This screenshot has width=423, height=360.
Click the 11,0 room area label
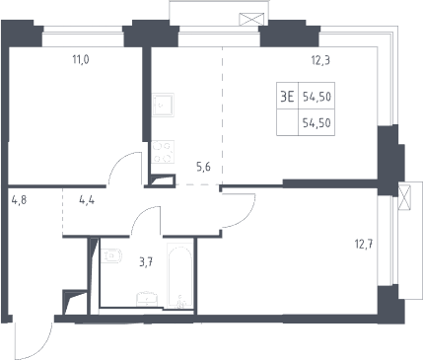click(x=81, y=60)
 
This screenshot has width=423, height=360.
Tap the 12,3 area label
click(x=320, y=60)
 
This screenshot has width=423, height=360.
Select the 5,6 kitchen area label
click(x=203, y=167)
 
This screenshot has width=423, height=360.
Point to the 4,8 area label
click(x=19, y=199)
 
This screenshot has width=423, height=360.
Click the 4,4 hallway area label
click(x=87, y=199)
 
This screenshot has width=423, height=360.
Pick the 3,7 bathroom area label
click(x=146, y=262)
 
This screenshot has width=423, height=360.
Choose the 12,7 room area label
click(x=364, y=245)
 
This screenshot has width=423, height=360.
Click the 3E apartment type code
click(x=287, y=97)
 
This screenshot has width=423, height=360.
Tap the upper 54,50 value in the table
click(x=317, y=97)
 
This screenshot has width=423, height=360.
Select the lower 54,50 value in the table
click(x=317, y=123)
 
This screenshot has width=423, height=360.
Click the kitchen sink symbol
click(x=163, y=105)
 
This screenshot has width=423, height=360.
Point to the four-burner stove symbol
click(x=163, y=152)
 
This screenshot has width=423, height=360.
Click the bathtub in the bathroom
click(x=179, y=276)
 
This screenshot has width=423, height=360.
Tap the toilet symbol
click(x=110, y=256)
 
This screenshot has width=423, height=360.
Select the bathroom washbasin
click(x=147, y=299)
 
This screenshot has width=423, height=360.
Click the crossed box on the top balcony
click(x=251, y=19)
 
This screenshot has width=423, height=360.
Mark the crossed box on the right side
click(x=404, y=197)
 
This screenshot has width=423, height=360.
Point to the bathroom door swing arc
click(x=141, y=213)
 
